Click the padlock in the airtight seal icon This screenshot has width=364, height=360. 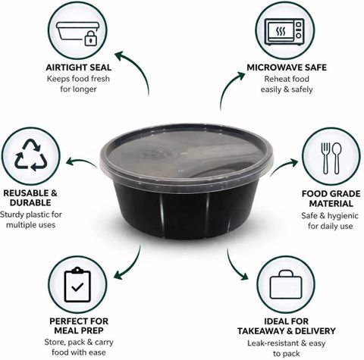coord(90,39)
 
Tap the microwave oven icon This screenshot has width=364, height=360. coord(284,32)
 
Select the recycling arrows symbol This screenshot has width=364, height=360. coord(31,155)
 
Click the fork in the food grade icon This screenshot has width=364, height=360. coord(326,158)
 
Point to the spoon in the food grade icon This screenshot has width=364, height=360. coord(337,158)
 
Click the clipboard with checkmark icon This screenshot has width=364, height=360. coord(77,284)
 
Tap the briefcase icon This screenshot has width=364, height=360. coord(286,285)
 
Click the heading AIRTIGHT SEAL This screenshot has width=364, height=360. coord(79,67)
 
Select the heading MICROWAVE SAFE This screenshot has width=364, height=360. coord(287,67)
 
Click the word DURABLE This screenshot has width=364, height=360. coord(30,202)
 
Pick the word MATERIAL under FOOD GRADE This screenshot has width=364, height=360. coord(331,203)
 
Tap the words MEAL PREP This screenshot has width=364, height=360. coord(79,330)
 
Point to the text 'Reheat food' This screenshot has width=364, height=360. coord(287,79)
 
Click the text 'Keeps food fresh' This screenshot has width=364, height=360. coord(78,79)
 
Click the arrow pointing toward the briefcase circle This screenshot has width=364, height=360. coord(234,268)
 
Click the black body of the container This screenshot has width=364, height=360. coord(186,212)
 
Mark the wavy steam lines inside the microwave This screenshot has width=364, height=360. coord(281,32)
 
